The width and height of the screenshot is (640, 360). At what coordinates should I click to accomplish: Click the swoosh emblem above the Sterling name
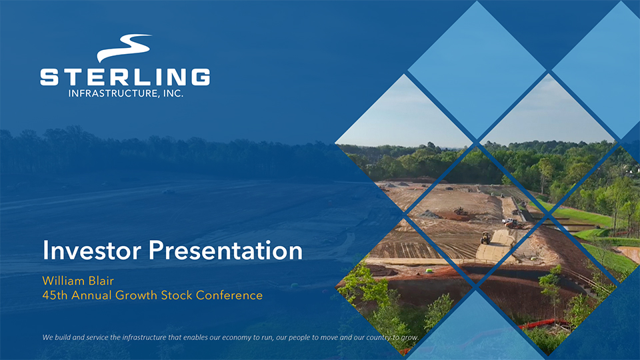click(125, 47)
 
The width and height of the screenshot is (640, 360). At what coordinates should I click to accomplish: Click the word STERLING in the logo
click(125, 77)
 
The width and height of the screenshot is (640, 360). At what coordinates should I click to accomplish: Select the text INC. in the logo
click(173, 93)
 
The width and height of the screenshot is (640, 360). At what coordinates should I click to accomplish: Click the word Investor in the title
click(92, 250)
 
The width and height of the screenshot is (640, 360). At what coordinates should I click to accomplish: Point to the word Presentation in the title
click(225, 250)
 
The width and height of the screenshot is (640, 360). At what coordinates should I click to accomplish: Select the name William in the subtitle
click(63, 281)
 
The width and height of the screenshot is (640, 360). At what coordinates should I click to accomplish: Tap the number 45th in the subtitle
click(55, 295)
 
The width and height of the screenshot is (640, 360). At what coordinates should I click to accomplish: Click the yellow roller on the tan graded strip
click(486, 237)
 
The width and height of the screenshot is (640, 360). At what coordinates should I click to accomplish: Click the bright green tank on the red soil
click(429, 271)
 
